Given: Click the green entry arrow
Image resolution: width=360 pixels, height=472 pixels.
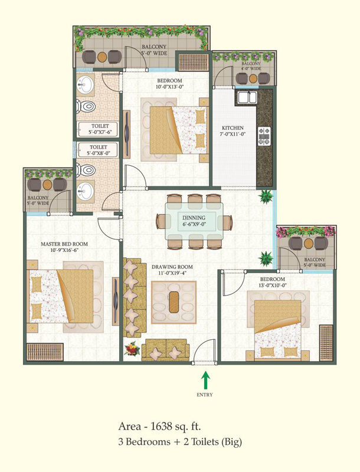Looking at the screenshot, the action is click(x=205, y=380).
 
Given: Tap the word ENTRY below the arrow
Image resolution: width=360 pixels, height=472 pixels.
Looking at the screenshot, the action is click(x=205, y=395).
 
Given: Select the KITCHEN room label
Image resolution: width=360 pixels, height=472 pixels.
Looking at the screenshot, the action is click(x=233, y=128).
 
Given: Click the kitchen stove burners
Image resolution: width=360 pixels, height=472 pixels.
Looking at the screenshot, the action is click(x=264, y=136).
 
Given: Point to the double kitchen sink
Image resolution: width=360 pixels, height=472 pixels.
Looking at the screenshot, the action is click(x=247, y=97).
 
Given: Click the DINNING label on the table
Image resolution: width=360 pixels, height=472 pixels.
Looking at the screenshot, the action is click(x=194, y=218).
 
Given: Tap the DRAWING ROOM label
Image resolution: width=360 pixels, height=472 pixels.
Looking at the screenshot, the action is click(x=172, y=267).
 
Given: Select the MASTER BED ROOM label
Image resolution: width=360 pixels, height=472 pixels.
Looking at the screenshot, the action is click(x=64, y=244).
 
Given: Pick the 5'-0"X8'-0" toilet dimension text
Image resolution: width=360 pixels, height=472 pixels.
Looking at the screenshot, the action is click(x=99, y=153).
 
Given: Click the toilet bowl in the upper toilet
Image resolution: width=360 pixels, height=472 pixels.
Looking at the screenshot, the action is click(x=86, y=106).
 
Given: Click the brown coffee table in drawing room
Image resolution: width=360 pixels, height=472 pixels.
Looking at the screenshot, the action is click(x=174, y=302).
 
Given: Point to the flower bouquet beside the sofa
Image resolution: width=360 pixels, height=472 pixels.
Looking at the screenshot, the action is click(x=132, y=349).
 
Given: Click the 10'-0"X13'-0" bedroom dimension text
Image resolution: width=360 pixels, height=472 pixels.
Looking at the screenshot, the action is click(x=169, y=87).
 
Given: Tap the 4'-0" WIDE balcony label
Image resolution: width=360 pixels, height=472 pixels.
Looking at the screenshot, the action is click(x=251, y=68).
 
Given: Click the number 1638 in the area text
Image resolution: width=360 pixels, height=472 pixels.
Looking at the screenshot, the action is click(x=161, y=426).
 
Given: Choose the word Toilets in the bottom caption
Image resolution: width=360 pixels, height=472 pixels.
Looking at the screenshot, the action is click(x=205, y=442).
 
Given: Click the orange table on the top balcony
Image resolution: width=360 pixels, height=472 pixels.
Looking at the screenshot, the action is click(x=102, y=57).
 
